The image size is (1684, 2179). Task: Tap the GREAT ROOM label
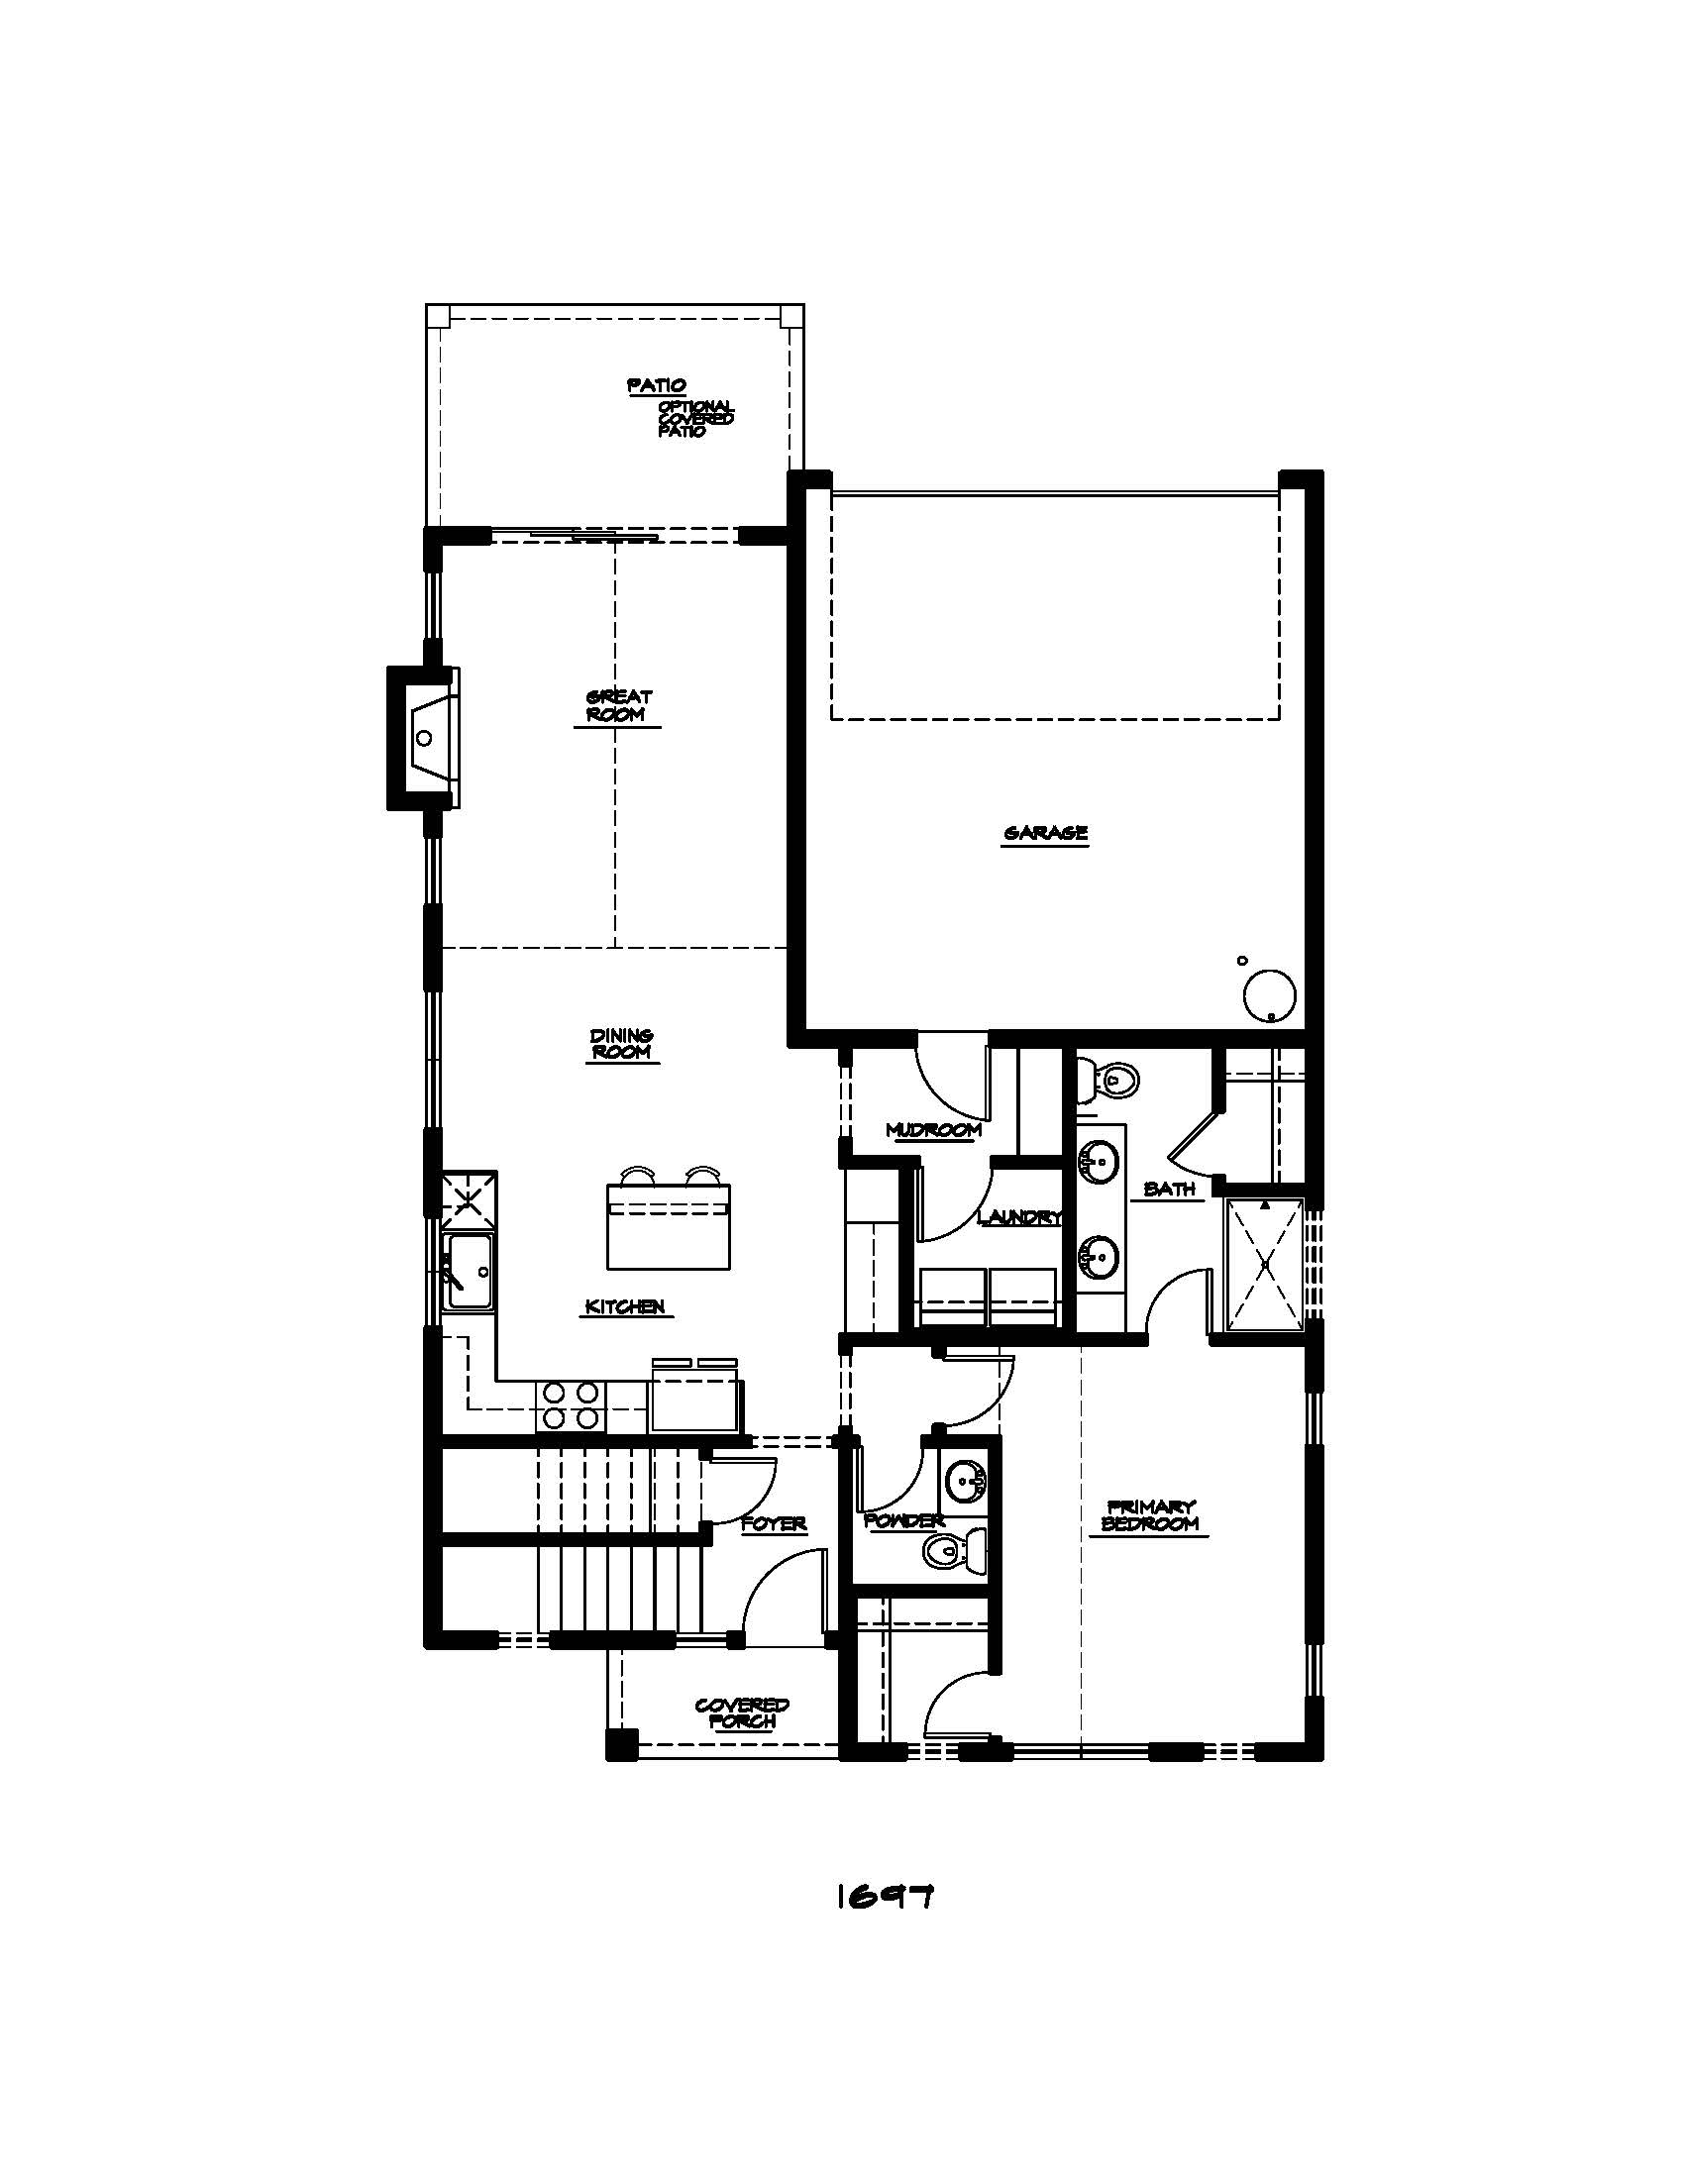(618, 705)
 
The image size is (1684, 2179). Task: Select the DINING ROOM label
(621, 1044)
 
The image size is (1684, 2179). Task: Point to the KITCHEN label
(624, 1306)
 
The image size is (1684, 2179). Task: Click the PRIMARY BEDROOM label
(1150, 1515)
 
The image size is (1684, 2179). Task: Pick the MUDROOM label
(933, 1129)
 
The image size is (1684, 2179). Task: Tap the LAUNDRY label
(1018, 1216)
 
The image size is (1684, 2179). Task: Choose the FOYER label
(775, 1523)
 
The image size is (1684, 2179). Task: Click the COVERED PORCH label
(741, 1713)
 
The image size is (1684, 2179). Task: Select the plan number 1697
(884, 1896)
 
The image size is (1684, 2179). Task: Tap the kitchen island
(669, 1226)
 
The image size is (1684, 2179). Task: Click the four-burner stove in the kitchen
(570, 1404)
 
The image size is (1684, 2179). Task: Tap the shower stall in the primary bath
(1264, 1264)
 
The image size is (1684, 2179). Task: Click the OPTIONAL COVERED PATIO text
(695, 419)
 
